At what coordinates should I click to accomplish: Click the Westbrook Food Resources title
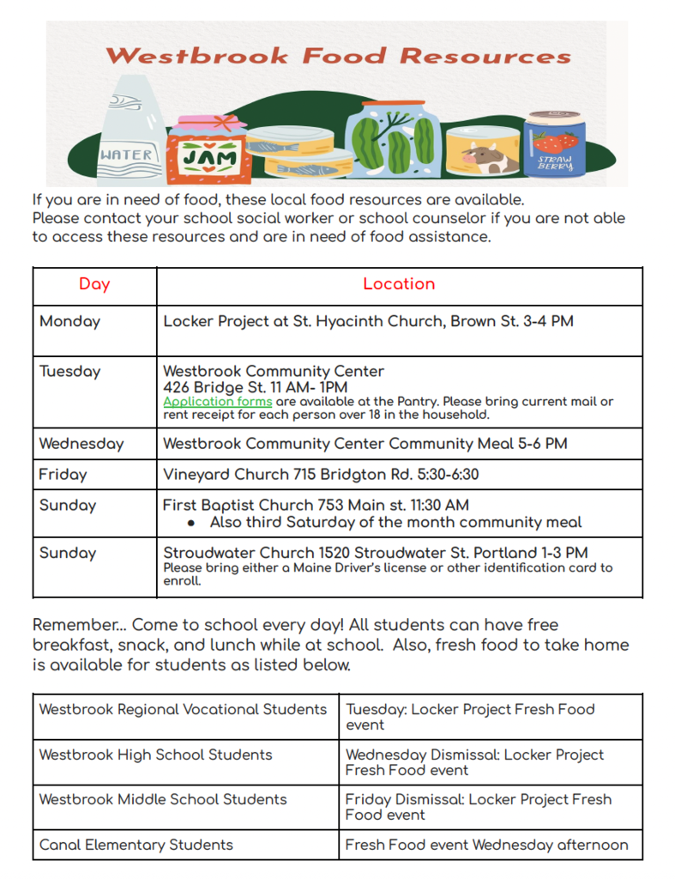337,57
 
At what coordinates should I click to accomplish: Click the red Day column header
94,284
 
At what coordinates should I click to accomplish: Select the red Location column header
399,284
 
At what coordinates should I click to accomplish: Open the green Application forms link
217,401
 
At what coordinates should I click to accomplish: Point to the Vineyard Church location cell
321,474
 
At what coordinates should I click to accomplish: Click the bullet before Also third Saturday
191,523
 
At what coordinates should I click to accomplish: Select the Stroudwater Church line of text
376,553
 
